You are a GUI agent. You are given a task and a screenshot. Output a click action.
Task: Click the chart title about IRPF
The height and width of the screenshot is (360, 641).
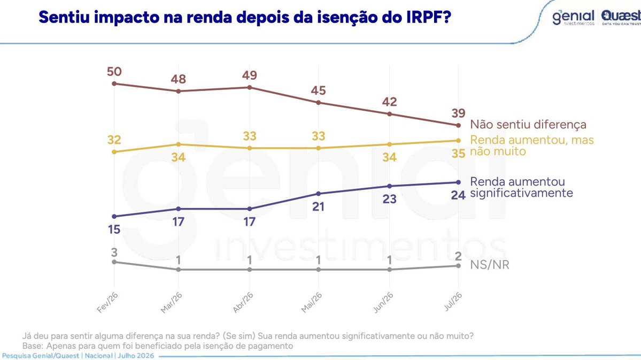245,17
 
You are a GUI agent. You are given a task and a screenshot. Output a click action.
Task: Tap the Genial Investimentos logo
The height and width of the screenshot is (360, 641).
573,17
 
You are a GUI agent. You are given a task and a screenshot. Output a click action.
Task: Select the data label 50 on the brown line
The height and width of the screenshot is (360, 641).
114,72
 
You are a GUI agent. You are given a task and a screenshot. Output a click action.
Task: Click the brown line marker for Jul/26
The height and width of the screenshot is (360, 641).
458,125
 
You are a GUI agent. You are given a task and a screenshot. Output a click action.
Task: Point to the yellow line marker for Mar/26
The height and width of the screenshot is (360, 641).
179,144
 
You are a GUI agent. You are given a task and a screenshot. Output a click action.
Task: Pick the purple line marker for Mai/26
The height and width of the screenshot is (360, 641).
319,194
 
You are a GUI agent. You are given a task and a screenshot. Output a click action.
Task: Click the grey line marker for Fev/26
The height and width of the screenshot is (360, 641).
114,262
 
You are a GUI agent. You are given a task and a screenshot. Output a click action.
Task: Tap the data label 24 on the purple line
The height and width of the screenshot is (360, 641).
458,195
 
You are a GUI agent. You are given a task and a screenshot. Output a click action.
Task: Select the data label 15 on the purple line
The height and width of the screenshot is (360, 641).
114,229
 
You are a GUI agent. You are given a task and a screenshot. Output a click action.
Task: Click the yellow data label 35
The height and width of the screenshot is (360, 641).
458,154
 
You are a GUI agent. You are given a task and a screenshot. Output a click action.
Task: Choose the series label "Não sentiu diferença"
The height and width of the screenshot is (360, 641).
528,124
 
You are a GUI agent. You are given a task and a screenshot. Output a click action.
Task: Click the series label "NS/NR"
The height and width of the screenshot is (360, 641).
490,265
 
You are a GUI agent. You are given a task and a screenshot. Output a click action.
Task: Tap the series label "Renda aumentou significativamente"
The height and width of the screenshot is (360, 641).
521,187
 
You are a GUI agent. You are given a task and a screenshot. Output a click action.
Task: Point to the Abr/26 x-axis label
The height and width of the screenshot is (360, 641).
243,303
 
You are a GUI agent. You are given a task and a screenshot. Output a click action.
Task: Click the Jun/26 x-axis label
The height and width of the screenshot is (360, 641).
383,303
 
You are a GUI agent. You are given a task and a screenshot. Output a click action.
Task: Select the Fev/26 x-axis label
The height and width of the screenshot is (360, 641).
107,303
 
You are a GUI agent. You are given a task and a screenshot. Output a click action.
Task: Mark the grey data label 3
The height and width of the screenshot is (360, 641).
114,252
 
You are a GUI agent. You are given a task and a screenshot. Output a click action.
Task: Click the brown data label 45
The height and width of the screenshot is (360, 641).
319,90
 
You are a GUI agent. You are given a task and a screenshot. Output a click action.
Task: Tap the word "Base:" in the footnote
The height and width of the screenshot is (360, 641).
32,346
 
